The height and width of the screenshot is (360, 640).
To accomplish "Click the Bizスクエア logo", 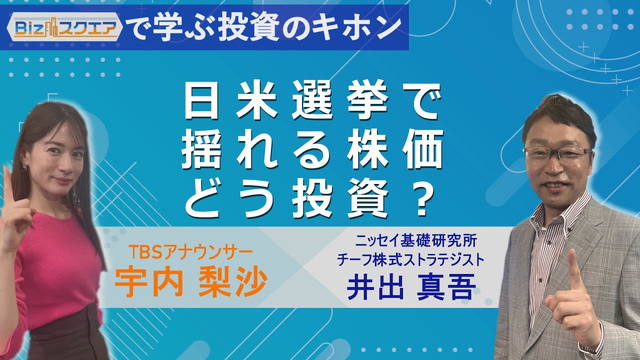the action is tap(64, 28).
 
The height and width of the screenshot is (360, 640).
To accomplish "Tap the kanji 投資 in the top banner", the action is tap(249, 27).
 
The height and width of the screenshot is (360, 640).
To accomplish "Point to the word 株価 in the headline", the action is tap(395, 149).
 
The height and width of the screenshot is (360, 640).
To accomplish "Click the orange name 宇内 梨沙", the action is tap(191, 282).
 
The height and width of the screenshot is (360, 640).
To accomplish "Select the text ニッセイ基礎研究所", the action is tap(416, 241).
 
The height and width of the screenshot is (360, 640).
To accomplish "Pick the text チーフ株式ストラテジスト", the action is tap(411, 259).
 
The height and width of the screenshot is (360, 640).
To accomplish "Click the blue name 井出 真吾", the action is tap(411, 286).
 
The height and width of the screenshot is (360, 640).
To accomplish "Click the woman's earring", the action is tap(24, 165).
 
